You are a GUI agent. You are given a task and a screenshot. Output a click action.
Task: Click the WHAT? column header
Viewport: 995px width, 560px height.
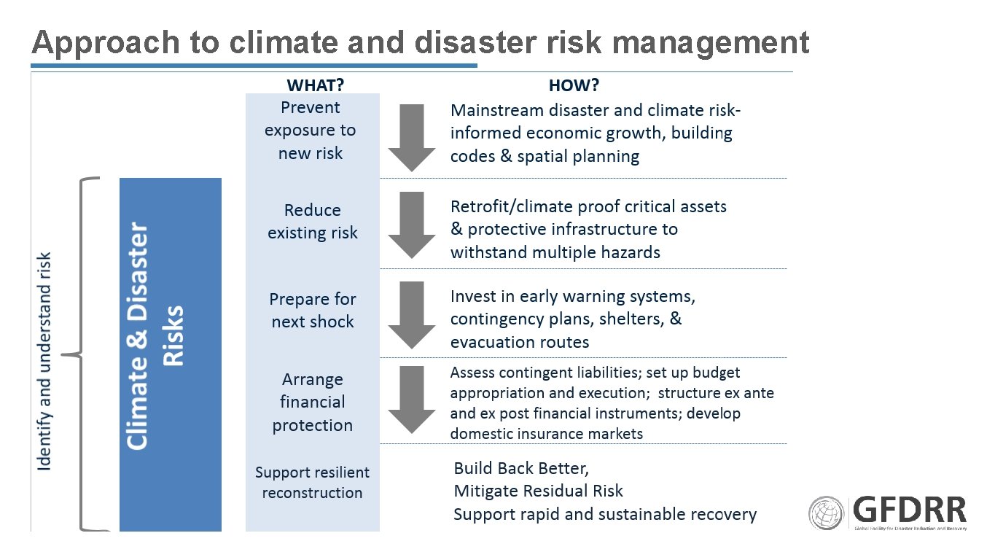click(315, 85)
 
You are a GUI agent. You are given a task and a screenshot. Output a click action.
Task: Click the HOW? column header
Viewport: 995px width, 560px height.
click(574, 85)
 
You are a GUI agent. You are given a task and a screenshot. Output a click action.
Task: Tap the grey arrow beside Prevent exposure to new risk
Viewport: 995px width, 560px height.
click(412, 137)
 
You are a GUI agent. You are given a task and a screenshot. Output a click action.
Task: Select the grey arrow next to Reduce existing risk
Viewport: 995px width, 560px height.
click(412, 225)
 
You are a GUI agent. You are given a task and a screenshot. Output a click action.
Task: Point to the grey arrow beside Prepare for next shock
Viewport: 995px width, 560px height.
click(412, 314)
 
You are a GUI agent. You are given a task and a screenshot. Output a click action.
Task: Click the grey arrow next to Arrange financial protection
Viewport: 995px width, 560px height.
click(412, 400)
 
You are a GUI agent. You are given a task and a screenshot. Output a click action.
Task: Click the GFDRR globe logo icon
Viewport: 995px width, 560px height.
click(827, 513)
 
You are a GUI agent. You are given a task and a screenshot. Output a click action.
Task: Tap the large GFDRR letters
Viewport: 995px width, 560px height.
click(909, 509)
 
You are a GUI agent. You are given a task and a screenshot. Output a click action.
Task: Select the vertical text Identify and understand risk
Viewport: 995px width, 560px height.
click(44, 361)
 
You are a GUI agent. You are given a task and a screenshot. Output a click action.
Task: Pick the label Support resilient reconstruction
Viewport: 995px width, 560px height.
click(312, 482)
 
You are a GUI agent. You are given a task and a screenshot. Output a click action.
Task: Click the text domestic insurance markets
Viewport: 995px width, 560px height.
click(547, 434)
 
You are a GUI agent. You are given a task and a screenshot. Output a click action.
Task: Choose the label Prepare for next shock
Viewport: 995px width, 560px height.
click(312, 310)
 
